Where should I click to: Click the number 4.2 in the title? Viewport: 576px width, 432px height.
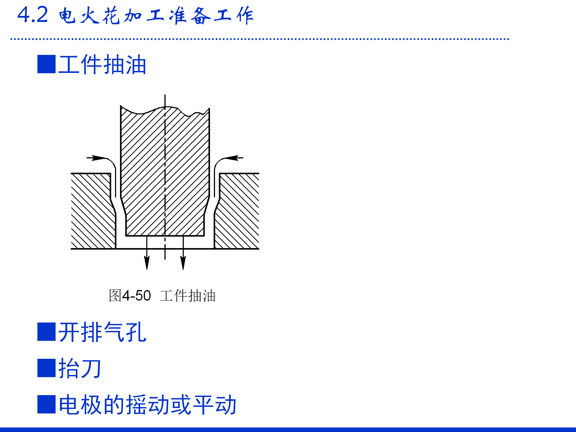point(32,15)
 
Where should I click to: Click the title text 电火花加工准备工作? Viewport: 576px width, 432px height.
point(156,16)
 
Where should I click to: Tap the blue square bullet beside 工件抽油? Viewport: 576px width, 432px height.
point(46,64)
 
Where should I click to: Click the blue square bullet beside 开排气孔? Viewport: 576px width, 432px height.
point(46,332)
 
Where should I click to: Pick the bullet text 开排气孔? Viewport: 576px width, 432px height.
point(102,332)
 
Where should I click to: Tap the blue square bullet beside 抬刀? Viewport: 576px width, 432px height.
point(46,368)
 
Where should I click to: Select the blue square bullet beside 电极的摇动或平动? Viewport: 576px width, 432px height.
point(46,404)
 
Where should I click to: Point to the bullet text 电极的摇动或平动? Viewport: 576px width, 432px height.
point(147,405)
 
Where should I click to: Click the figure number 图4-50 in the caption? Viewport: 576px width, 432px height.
point(130,296)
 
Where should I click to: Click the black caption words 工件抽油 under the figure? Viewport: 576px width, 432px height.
point(187,296)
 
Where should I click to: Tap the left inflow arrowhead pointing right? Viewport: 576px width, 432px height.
point(98,158)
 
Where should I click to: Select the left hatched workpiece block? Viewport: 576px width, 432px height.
point(91,213)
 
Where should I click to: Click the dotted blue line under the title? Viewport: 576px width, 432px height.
point(259,39)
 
